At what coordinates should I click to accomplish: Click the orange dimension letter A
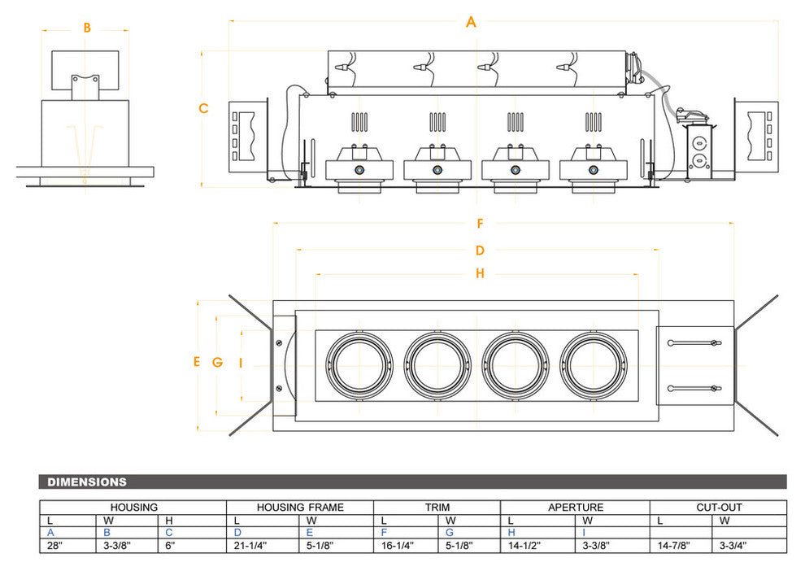[471, 22]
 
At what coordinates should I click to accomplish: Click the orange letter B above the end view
[87, 28]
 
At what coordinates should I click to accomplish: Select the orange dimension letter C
[203, 108]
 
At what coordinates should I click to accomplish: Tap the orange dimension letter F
[481, 223]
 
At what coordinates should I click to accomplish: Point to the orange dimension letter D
[480, 251]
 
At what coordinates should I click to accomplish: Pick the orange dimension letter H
[480, 274]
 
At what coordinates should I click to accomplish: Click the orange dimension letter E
[196, 362]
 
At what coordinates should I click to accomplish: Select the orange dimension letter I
[241, 363]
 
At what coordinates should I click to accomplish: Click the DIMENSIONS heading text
[87, 482]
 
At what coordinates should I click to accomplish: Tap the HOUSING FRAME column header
[300, 508]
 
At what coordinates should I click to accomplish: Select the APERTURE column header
[575, 508]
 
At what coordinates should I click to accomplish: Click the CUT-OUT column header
[718, 508]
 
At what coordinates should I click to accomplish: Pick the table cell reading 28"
[54, 547]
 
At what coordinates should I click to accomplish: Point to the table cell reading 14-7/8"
[675, 547]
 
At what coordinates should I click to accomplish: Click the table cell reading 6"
[171, 547]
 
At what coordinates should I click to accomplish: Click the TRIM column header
[437, 508]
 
